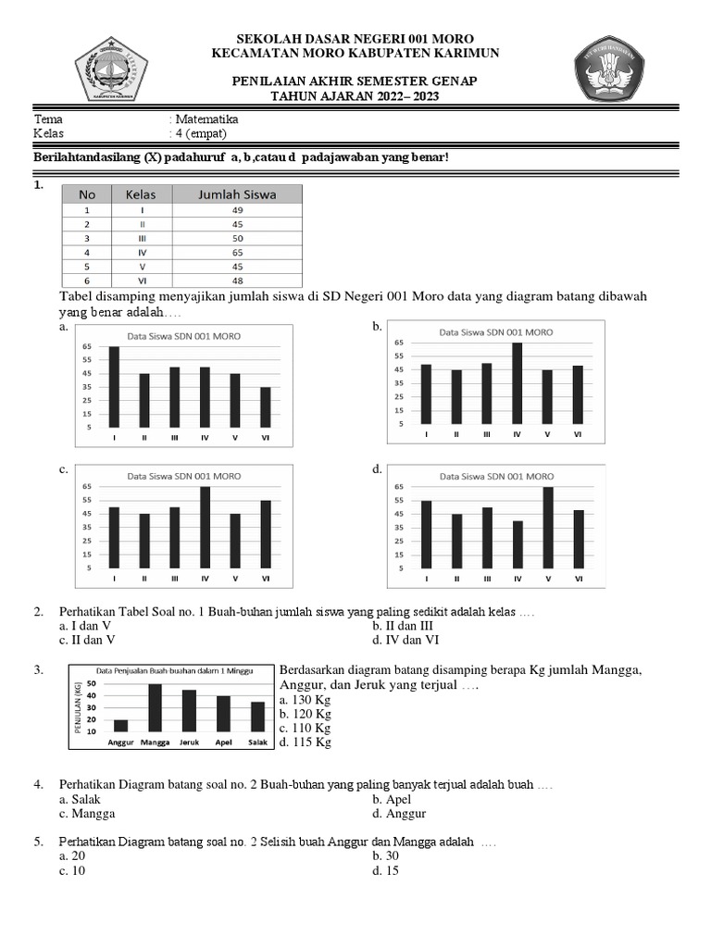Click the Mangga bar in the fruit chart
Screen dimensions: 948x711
pos(155,707)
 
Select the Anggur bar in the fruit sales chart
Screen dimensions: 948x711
pos(120,725)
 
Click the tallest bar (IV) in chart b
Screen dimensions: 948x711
pos(517,382)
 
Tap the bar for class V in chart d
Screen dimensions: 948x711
pos(547,527)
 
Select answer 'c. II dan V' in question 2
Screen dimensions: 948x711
pos(88,640)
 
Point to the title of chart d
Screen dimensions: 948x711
pos(496,476)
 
